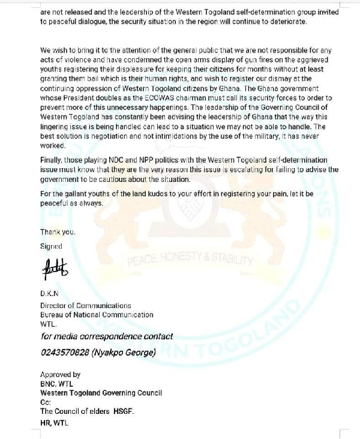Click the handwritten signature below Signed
click(55, 268)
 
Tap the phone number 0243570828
click(64, 353)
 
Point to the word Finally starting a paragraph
click(52, 160)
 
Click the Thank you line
click(58, 232)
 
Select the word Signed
click(51, 246)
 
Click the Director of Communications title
click(85, 306)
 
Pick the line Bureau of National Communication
click(97, 314)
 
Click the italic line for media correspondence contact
click(107, 337)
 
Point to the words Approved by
click(60, 374)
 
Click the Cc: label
click(46, 401)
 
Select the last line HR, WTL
click(55, 423)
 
